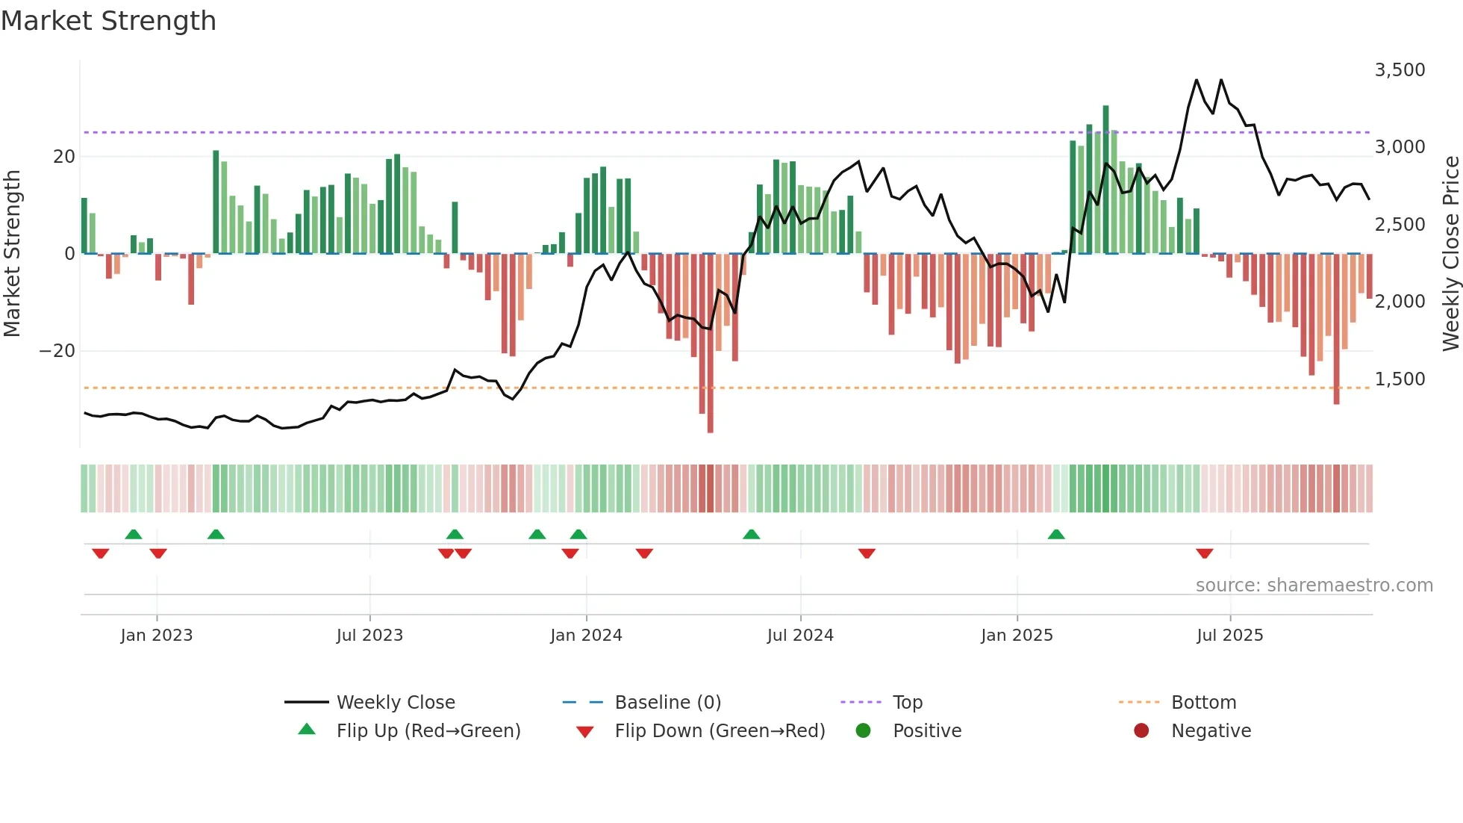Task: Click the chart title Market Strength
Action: pos(108,21)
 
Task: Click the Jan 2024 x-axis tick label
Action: pos(586,636)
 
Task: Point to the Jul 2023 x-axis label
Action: pos(369,636)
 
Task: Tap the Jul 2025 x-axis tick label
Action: pos(1229,636)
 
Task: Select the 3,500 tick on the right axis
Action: pos(1400,70)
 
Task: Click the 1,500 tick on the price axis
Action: pos(1400,379)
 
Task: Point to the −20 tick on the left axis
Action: pos(57,351)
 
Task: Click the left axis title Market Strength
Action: pos(13,254)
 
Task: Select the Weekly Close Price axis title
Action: pos(1450,254)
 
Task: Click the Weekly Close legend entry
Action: pos(395,703)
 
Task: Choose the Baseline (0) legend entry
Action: pos(667,703)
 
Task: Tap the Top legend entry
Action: pos(908,703)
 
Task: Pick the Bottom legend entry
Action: pos(1203,703)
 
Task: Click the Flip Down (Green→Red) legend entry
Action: pos(720,731)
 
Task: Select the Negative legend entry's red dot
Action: pos(1141,731)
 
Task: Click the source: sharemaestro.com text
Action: pos(1314,586)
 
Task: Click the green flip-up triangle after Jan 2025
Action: pos(1056,535)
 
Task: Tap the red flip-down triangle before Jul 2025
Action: pos(1204,553)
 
